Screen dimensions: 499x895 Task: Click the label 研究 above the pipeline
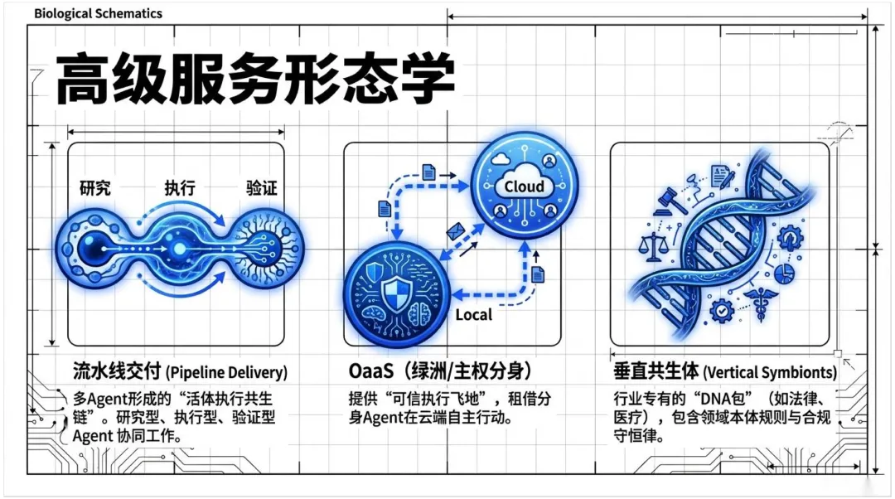point(94,188)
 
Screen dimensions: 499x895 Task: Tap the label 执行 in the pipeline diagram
point(180,188)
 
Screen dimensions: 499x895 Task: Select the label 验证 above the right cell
point(262,188)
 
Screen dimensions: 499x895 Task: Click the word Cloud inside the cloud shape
point(525,187)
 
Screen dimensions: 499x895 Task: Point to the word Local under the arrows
point(474,314)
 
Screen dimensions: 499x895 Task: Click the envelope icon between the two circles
point(455,231)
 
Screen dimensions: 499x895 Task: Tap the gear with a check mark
point(723,312)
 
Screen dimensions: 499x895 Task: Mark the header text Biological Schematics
point(99,13)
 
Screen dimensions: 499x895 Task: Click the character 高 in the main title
point(84,80)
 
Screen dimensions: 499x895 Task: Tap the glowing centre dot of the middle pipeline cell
point(177,246)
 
